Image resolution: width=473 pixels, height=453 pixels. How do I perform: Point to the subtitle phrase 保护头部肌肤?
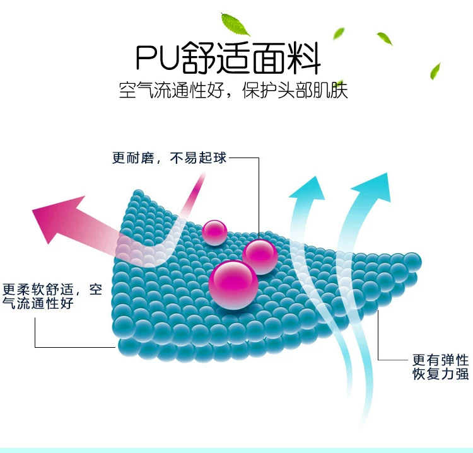pyautogui.click(x=302, y=90)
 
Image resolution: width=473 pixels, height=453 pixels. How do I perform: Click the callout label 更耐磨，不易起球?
pyautogui.click(x=168, y=158)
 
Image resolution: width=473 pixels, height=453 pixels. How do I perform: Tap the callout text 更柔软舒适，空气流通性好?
pyautogui.click(x=52, y=297)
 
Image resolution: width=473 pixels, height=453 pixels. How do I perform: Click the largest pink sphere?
pyautogui.click(x=233, y=285)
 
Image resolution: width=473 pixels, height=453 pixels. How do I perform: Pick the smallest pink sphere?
pyautogui.click(x=215, y=232)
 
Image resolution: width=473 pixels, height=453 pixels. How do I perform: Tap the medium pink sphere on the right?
pyautogui.click(x=260, y=256)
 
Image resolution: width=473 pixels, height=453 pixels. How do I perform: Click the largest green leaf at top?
pyautogui.click(x=235, y=23)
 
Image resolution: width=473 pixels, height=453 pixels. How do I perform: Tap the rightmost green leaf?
pyautogui.click(x=435, y=69)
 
